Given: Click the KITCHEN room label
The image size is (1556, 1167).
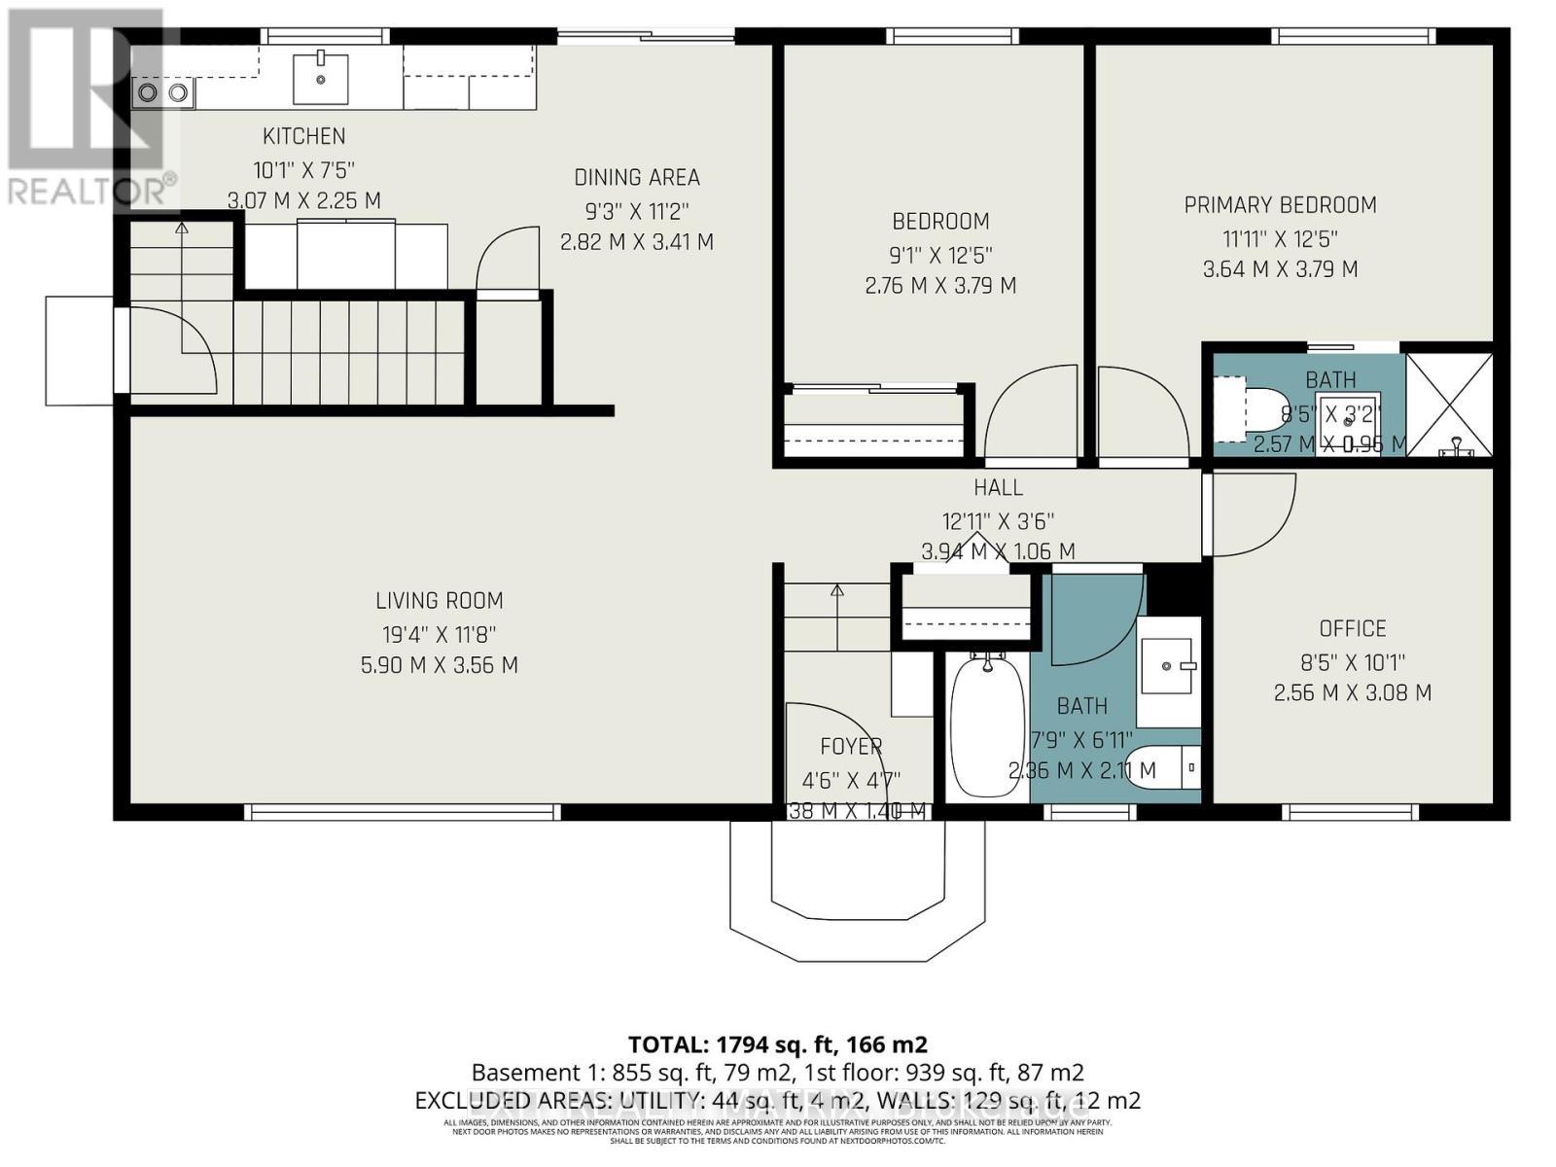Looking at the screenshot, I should click(303, 136).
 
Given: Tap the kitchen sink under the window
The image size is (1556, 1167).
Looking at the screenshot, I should click(320, 78).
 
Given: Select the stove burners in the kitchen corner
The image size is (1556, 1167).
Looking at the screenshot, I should click(162, 92).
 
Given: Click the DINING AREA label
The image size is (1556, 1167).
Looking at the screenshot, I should click(636, 177).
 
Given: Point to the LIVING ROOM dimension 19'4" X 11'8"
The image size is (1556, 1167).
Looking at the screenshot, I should click(439, 634).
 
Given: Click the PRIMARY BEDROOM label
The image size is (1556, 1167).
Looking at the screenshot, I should click(1280, 205).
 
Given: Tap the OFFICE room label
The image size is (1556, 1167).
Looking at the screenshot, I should click(1352, 628).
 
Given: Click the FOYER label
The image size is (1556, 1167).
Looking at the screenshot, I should click(851, 747).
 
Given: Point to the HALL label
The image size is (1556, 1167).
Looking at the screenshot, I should click(998, 487).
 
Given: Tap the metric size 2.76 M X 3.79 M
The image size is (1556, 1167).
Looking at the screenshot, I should click(939, 286).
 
